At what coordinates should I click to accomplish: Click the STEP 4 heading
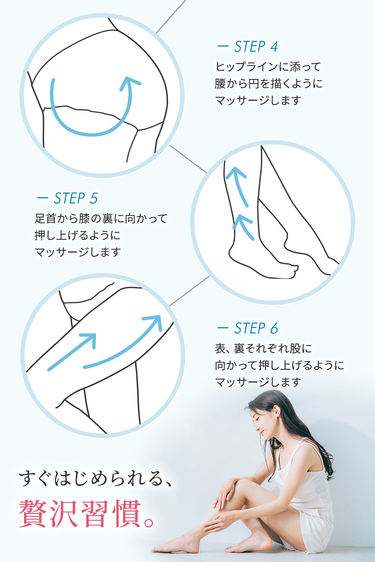point(256,46)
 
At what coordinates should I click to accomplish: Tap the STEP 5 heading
point(76,198)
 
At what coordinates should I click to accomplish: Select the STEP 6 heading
point(256,329)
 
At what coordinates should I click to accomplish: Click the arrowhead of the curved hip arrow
point(129,83)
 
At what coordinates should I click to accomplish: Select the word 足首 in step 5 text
point(45,218)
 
